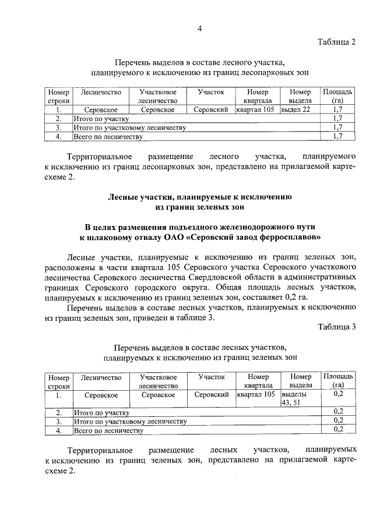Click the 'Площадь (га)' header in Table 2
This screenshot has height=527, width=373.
(x=337, y=96)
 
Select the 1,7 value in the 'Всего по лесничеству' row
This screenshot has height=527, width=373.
(x=337, y=136)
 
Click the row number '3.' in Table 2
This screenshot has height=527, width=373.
(x=58, y=128)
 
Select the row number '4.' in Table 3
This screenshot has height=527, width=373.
(x=58, y=431)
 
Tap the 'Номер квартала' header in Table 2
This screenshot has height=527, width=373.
(x=257, y=96)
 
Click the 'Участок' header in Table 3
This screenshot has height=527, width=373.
(x=211, y=377)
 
